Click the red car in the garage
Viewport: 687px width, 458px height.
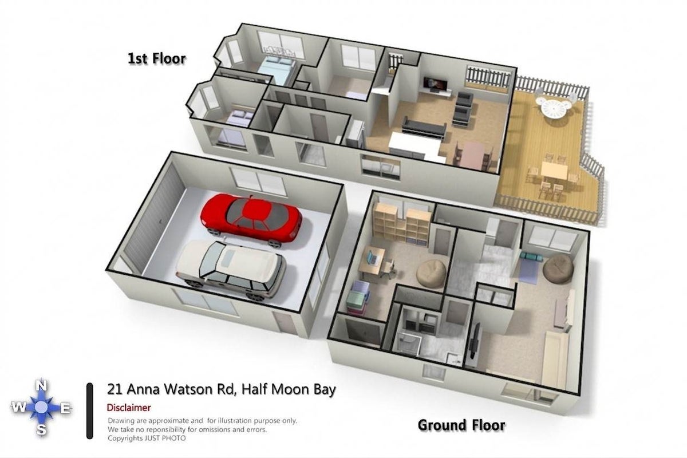point(251,219)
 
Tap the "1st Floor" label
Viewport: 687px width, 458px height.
point(157,58)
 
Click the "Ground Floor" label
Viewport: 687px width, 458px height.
point(461,425)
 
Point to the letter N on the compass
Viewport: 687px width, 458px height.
point(41,386)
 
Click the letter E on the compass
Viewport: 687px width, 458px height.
point(66,408)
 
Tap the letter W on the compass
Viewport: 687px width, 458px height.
point(19,408)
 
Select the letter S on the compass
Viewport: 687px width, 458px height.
point(41,430)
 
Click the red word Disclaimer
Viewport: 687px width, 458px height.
point(129,408)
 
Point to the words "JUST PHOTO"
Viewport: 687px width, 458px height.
point(165,438)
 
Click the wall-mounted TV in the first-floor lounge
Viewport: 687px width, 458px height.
point(435,84)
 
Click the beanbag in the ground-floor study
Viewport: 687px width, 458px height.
point(431,272)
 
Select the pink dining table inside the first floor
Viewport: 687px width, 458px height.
point(473,156)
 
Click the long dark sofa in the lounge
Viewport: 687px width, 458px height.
point(424,127)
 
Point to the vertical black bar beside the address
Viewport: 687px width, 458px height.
point(89,411)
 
